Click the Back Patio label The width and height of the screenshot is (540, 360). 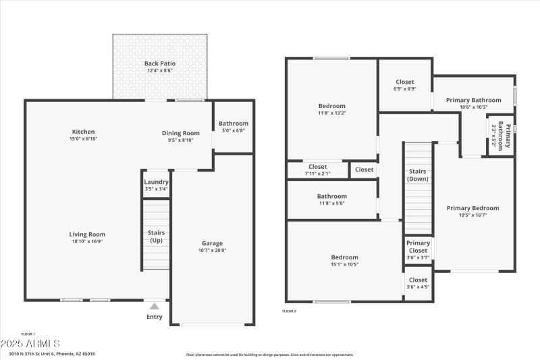[159, 63]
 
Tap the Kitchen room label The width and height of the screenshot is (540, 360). [84, 132]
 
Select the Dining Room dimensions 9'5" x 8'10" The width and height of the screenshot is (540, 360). [180, 140]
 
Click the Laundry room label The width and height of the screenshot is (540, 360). [156, 182]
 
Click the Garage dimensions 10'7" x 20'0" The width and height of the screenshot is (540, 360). [212, 251]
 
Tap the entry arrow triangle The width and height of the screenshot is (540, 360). [154, 306]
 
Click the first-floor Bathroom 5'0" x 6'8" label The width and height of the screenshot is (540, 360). [233, 124]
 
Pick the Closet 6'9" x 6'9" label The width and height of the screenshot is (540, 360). [404, 82]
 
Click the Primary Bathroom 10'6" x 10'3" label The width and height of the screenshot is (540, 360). [473, 100]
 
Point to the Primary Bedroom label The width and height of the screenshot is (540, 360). [473, 208]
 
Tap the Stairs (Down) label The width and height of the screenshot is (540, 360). [418, 175]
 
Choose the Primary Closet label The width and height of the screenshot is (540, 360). [418, 247]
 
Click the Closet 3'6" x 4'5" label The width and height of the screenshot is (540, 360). [418, 280]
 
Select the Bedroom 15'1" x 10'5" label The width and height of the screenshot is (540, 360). [344, 257]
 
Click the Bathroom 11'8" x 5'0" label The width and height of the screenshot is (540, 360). [331, 197]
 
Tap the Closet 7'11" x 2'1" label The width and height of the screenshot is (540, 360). [317, 167]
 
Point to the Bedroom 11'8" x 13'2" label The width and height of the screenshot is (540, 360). [331, 106]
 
